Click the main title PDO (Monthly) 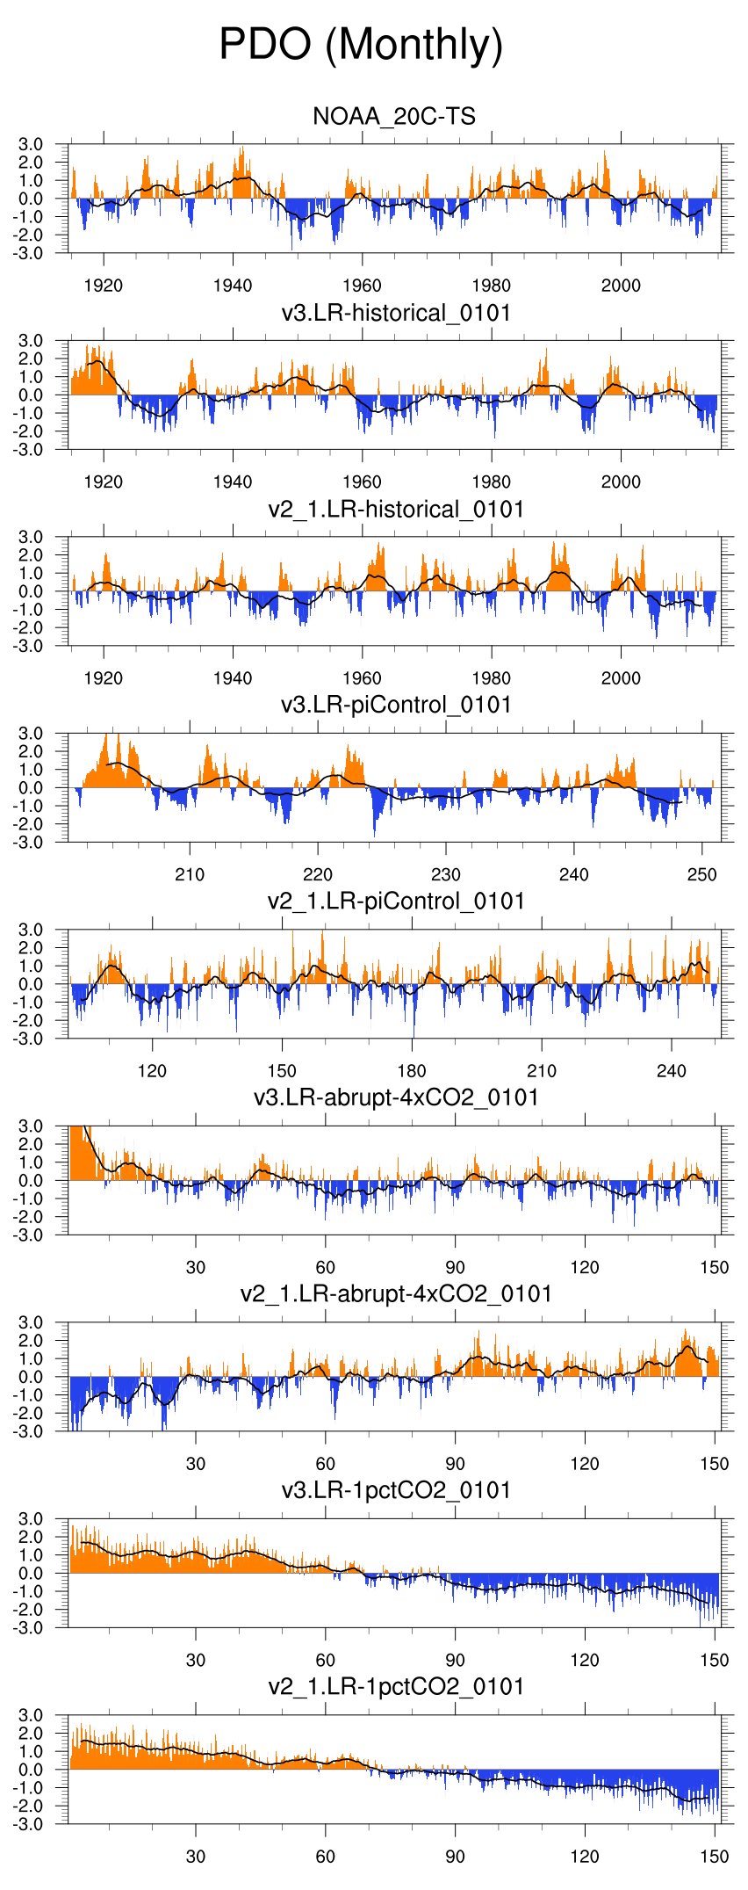(x=361, y=45)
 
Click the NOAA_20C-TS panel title (x=394, y=117)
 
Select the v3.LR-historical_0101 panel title (x=396, y=314)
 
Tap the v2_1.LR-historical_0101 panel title (x=396, y=510)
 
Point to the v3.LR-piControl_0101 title (x=396, y=706)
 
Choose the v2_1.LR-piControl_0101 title (x=396, y=902)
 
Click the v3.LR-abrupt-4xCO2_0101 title (x=396, y=1097)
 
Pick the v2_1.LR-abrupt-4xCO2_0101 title (x=396, y=1294)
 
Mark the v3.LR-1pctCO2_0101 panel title (x=396, y=1490)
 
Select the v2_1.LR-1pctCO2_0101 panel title (x=396, y=1687)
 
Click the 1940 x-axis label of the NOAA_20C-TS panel (x=233, y=286)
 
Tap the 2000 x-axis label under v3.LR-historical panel (x=621, y=482)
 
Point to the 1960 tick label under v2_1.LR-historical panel (x=362, y=678)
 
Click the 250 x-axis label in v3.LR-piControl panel (x=702, y=874)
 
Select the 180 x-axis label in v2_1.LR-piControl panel (x=412, y=1071)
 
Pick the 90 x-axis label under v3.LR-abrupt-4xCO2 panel (x=455, y=1267)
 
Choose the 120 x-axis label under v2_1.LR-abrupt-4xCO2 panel (x=585, y=1464)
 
